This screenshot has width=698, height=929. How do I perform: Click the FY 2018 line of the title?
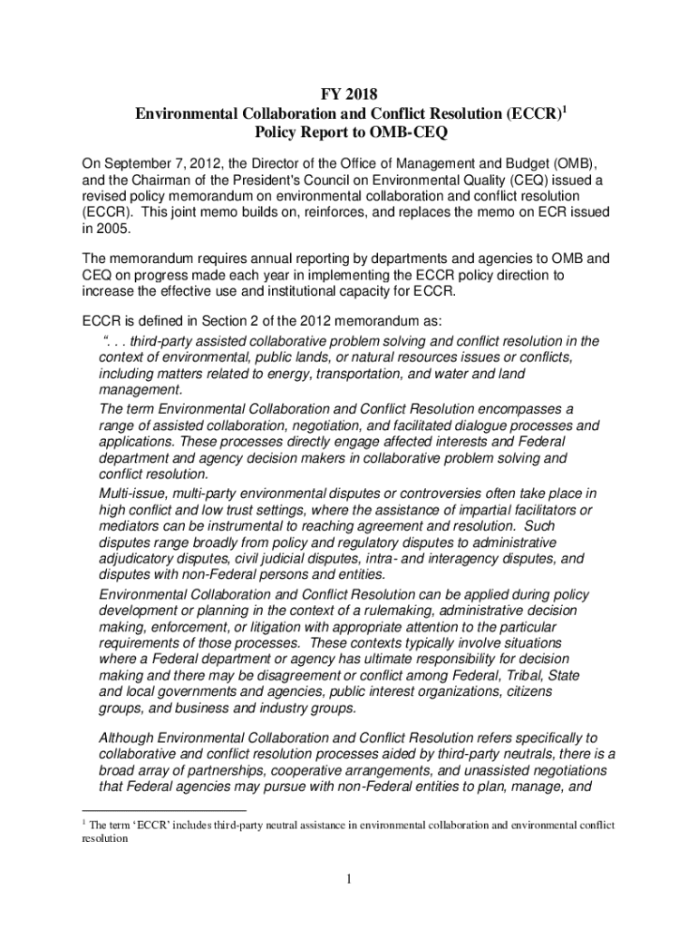pyautogui.click(x=349, y=93)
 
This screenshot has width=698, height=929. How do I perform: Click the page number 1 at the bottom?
pyautogui.click(x=348, y=879)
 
